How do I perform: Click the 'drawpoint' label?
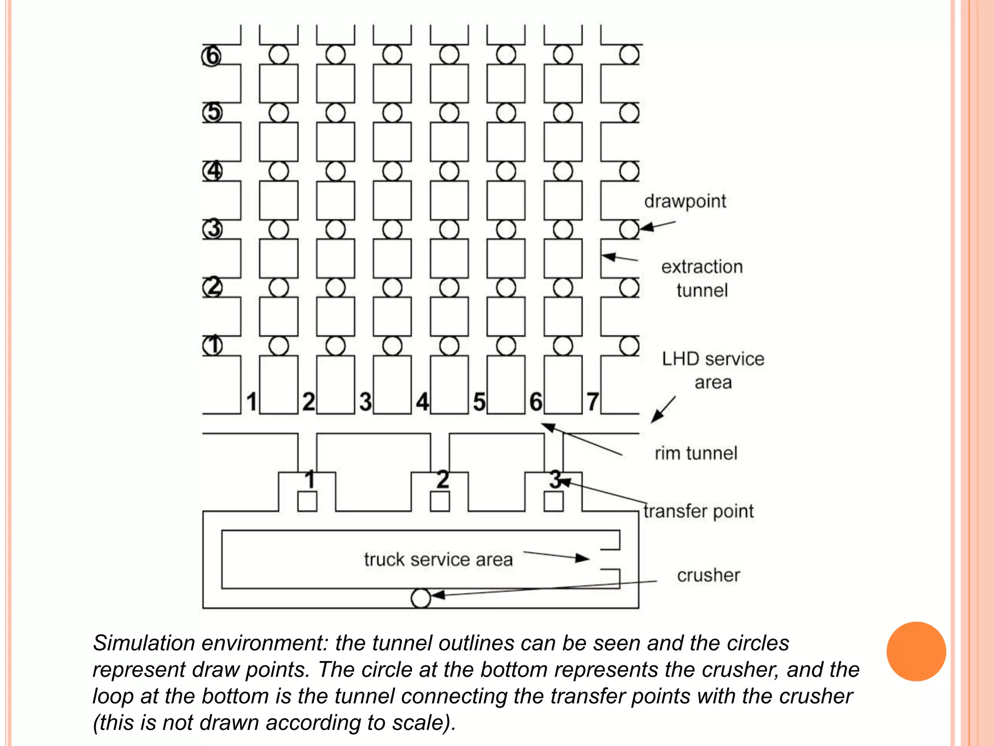pos(685,202)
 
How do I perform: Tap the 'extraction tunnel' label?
pos(702,278)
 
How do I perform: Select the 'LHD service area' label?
pos(712,370)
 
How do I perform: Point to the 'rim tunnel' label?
pos(696,453)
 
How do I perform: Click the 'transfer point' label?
pos(698,511)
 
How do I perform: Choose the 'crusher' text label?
pos(708,575)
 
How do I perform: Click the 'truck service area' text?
pos(438,559)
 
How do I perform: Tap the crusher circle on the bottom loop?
pos(421,598)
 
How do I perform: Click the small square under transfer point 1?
pos(307,501)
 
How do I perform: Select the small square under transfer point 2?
pos(440,501)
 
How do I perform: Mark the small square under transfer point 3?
pos(553,501)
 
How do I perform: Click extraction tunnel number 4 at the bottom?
pos(422,402)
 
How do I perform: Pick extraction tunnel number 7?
pos(593,402)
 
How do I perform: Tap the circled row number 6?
pos(212,55)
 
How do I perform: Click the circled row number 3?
pos(212,229)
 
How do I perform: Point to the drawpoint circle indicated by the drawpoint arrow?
pos(630,229)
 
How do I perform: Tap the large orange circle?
pos(916,651)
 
